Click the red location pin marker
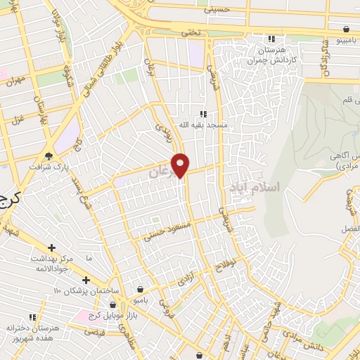point(181,165)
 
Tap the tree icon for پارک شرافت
point(49,156)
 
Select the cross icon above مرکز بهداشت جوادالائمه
point(51,247)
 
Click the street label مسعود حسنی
point(163,230)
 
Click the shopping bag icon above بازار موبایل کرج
point(140,288)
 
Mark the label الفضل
point(349,229)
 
